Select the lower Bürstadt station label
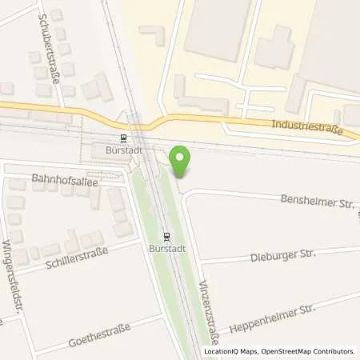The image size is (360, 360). click(166, 249)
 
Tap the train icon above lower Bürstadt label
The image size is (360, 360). click(166, 237)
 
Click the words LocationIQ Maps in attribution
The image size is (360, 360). click(232, 350)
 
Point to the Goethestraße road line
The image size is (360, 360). click(80, 336)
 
